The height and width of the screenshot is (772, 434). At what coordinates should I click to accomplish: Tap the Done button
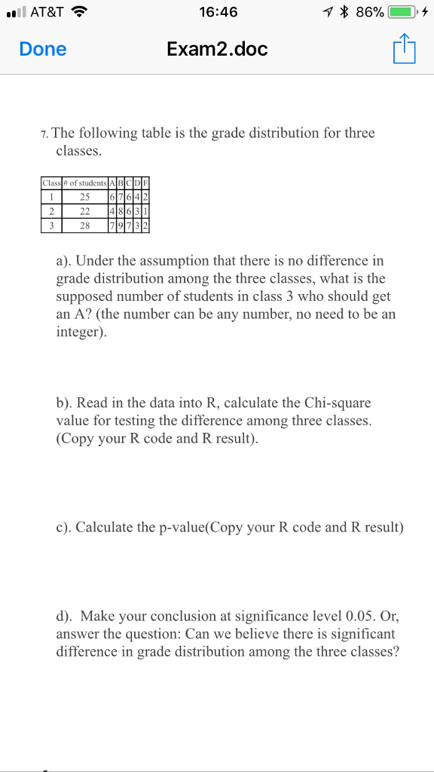point(43,50)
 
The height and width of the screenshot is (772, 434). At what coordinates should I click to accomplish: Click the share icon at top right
point(403,50)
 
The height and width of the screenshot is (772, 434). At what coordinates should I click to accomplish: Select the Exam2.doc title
point(217,50)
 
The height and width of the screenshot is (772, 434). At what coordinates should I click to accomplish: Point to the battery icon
point(405,12)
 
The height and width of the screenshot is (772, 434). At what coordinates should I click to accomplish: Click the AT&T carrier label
point(47,12)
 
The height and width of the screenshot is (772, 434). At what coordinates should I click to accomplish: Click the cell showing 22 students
point(84,211)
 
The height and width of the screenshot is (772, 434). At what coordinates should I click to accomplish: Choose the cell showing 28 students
point(84,225)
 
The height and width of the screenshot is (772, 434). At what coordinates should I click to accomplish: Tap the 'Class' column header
point(51,182)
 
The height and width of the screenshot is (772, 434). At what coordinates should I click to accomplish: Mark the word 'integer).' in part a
point(82,332)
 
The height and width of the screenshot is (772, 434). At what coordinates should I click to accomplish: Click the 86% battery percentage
point(370,12)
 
